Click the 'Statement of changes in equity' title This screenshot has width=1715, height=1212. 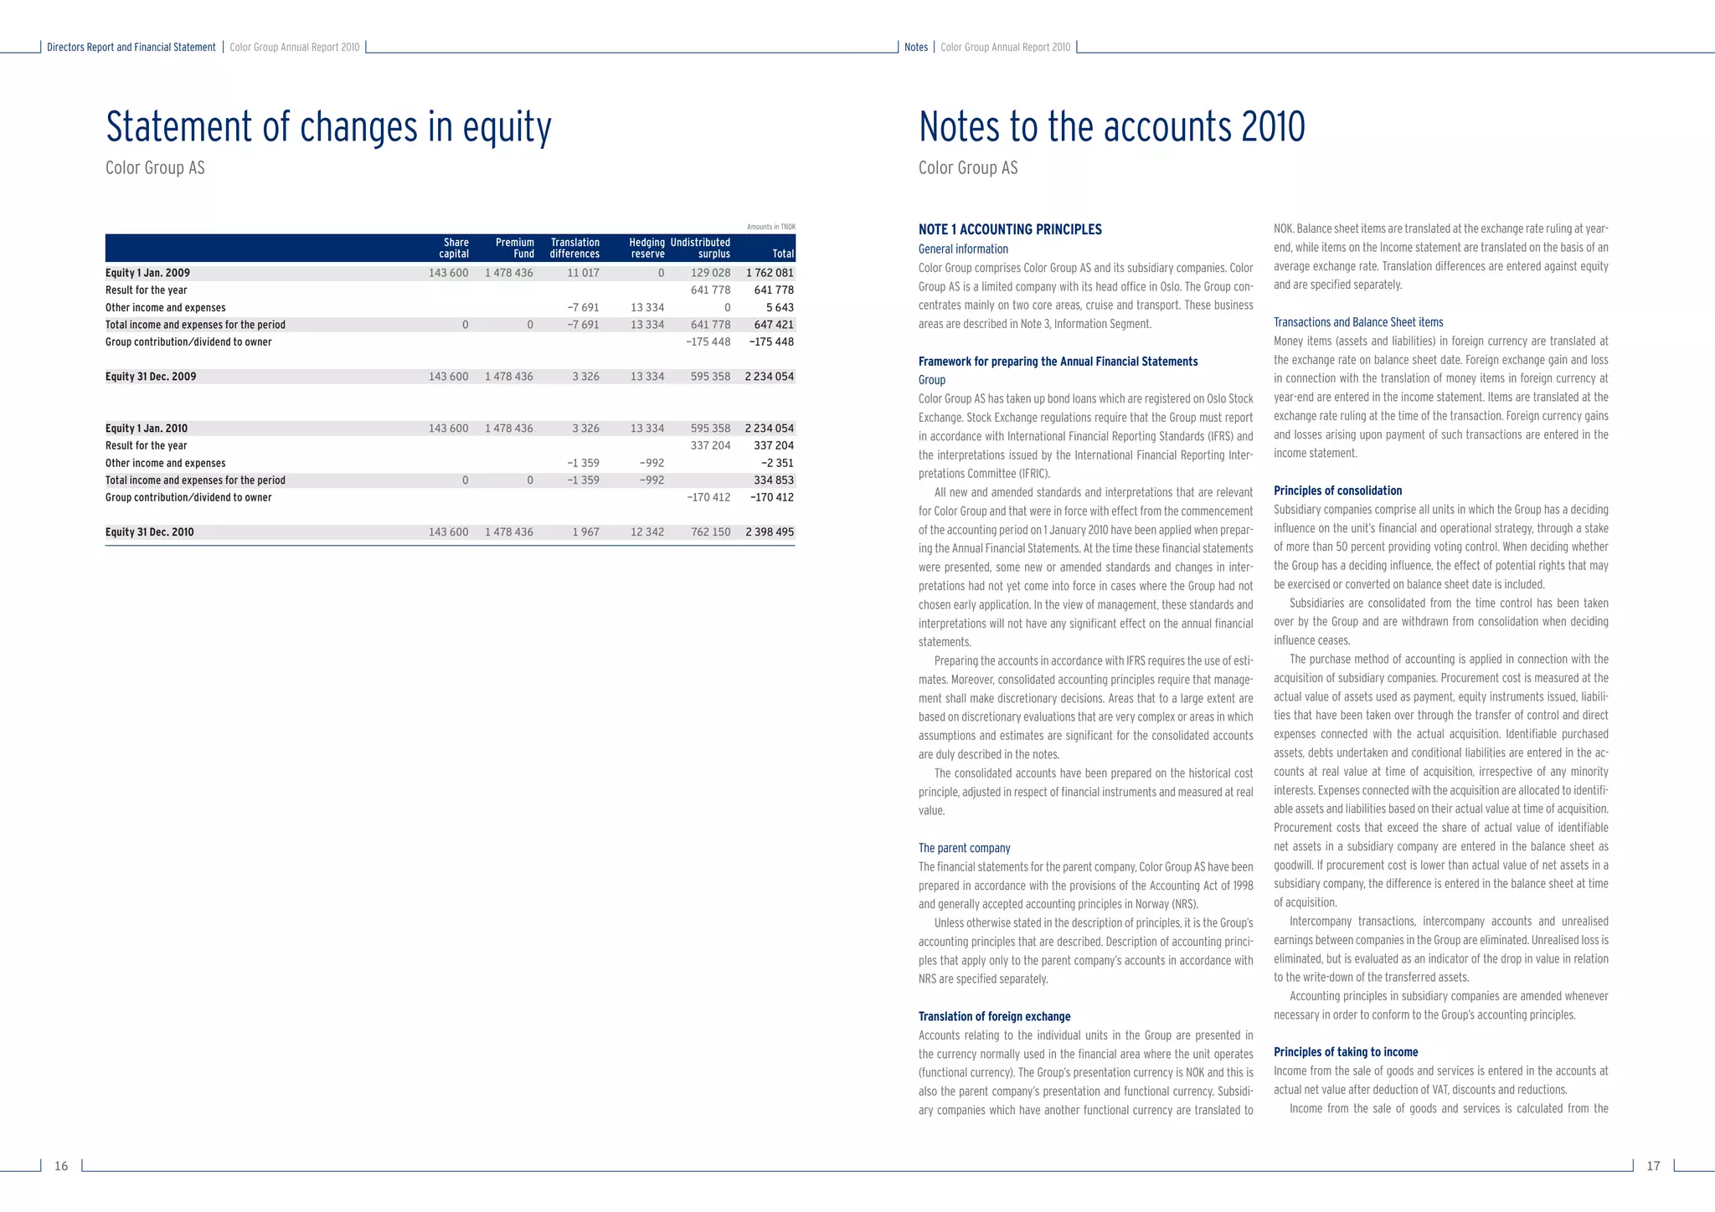(328, 127)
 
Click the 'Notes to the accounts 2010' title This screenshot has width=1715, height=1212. (1111, 127)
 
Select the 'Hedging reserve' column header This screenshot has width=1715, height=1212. (646, 248)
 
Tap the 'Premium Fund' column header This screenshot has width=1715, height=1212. (514, 248)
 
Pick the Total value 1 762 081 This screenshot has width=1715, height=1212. (770, 273)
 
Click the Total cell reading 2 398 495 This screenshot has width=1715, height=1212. (770, 532)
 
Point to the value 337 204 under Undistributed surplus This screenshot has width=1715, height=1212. (710, 446)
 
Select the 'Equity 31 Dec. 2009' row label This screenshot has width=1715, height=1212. (151, 377)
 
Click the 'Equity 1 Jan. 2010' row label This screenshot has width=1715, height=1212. (147, 429)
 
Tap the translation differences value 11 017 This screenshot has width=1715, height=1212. (583, 273)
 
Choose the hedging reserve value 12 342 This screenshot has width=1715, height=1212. (647, 532)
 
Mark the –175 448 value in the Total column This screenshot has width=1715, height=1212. (771, 342)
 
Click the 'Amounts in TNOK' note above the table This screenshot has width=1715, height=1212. (770, 227)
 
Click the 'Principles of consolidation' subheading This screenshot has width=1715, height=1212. (1337, 491)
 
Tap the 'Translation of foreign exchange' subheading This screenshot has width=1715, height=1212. (994, 1017)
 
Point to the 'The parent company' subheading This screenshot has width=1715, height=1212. (964, 849)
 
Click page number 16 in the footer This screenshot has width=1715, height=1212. (61, 1166)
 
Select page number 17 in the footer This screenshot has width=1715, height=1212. (1653, 1166)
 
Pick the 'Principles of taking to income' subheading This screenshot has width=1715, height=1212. (1346, 1052)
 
